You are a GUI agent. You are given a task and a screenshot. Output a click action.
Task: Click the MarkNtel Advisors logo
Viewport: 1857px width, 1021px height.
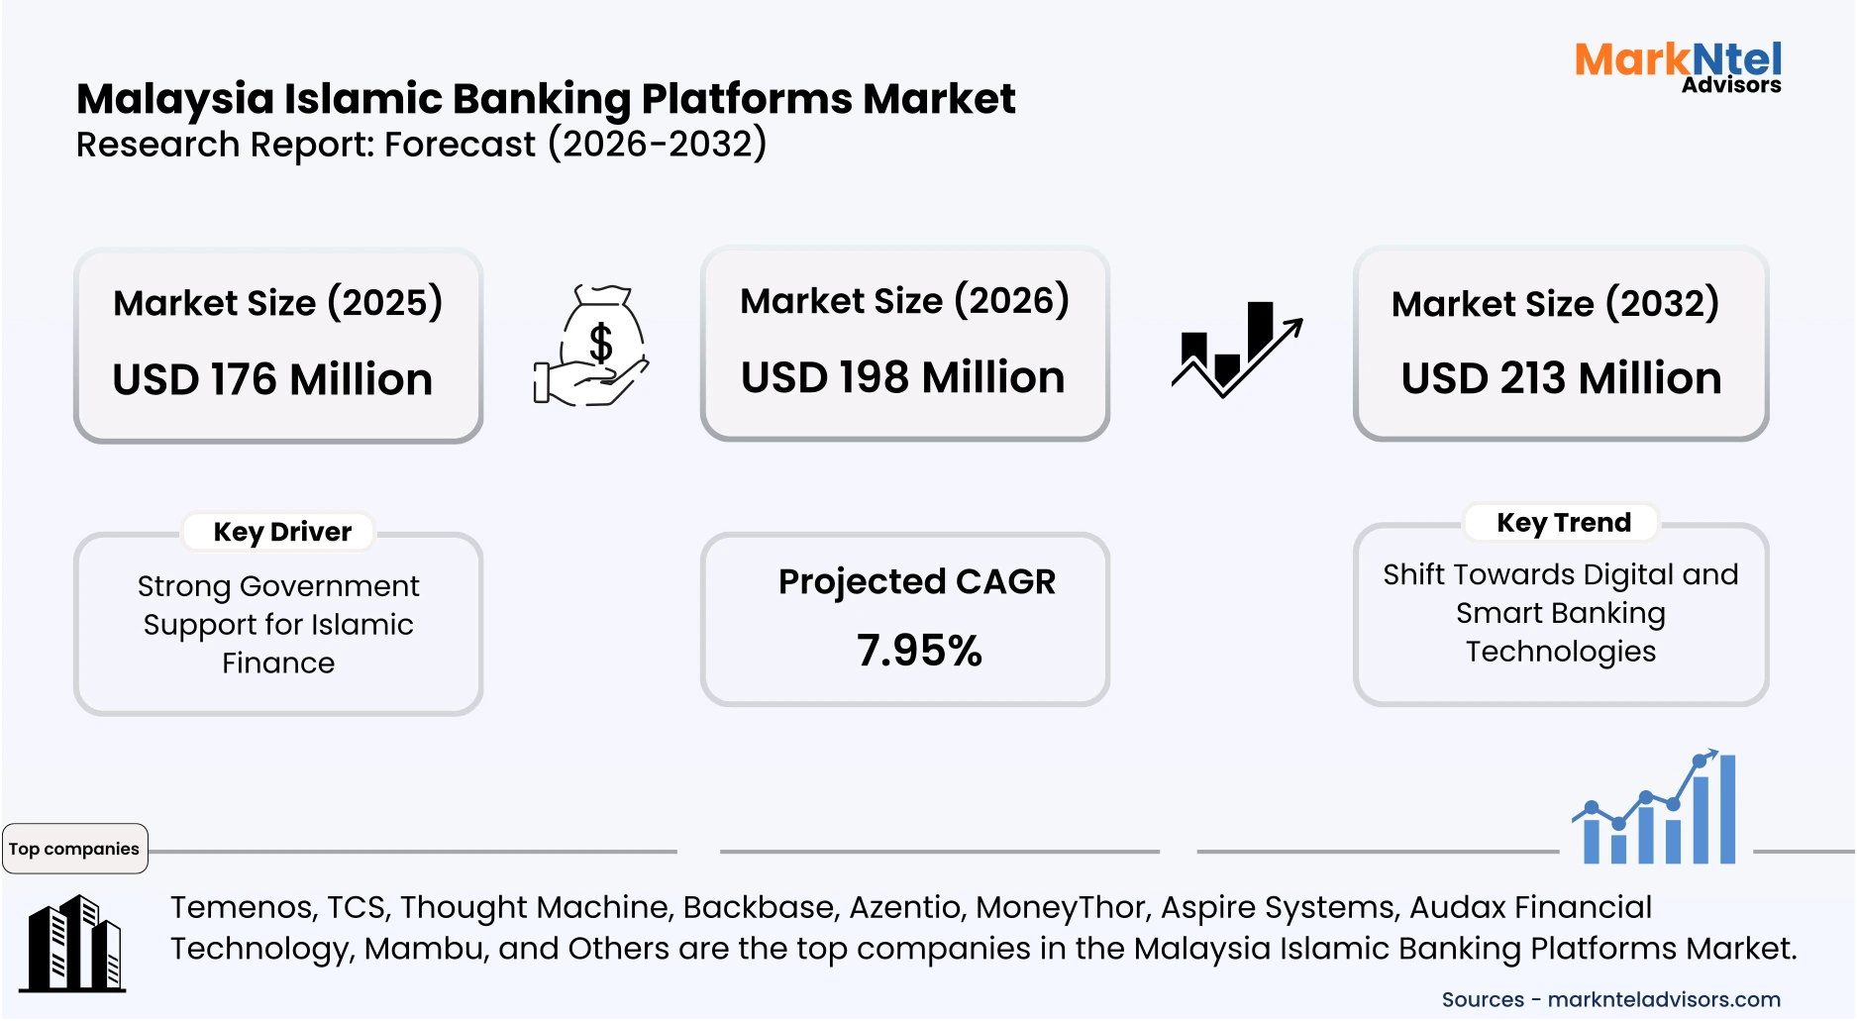(1678, 66)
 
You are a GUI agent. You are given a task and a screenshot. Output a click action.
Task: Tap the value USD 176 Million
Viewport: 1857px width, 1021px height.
(272, 379)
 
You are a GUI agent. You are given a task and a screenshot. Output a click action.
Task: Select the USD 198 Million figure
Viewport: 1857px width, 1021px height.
(902, 377)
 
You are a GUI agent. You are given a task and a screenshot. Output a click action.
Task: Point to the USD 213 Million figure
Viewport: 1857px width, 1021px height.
(1561, 378)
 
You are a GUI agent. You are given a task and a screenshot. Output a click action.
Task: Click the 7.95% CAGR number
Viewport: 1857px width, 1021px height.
(919, 651)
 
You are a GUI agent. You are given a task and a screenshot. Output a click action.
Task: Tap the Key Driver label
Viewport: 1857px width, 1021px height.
(282, 532)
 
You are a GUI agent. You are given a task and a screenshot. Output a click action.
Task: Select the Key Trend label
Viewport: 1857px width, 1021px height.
(1563, 522)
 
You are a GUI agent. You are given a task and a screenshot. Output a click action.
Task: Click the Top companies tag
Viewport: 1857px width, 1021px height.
(74, 849)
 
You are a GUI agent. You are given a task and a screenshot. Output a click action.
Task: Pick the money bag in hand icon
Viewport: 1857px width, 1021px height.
(592, 346)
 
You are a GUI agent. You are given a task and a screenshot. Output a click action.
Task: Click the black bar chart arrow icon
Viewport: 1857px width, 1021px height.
(1236, 349)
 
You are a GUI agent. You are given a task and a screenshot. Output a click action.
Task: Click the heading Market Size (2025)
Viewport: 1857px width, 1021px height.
(277, 302)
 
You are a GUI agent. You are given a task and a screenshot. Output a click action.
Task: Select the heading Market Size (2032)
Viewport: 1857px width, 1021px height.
(1555, 303)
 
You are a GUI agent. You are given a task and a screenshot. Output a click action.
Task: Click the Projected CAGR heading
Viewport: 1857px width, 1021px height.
(916, 581)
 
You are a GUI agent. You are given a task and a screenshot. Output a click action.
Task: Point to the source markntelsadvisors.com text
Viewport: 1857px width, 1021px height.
(1663, 999)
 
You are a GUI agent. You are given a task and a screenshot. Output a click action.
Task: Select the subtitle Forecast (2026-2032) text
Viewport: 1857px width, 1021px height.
(574, 145)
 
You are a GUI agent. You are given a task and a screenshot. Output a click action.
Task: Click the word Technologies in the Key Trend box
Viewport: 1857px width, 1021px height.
(1560, 652)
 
